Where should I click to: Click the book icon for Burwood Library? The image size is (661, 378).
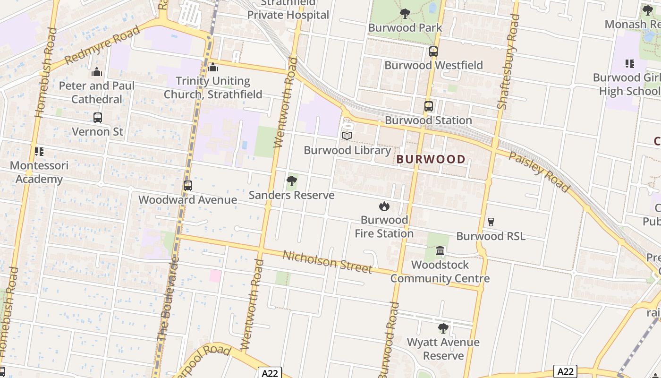click(x=347, y=136)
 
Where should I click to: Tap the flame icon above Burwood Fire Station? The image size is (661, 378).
click(x=384, y=206)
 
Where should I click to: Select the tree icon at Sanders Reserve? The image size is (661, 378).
click(x=292, y=180)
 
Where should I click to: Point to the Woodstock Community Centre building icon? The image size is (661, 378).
click(x=440, y=250)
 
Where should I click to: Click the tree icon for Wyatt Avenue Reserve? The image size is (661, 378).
click(x=443, y=328)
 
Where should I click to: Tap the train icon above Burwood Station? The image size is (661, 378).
click(x=428, y=106)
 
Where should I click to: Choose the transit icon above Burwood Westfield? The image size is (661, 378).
click(x=433, y=52)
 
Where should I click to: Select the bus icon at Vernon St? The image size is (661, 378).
click(x=98, y=118)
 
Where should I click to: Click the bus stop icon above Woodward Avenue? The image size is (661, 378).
click(x=188, y=186)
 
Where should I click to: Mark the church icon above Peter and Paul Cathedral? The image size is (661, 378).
click(x=97, y=72)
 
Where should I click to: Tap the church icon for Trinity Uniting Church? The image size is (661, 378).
click(x=213, y=68)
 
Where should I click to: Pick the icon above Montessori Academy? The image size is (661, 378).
click(x=39, y=152)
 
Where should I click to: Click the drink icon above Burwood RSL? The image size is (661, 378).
click(x=491, y=222)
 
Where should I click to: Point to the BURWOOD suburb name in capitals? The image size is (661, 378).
click(x=431, y=159)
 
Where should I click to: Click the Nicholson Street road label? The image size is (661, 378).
click(x=327, y=262)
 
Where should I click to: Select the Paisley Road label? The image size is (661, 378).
click(x=539, y=172)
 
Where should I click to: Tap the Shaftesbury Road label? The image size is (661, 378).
click(x=508, y=62)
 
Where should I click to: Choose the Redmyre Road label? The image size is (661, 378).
click(x=102, y=45)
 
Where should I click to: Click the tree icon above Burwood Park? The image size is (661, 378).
click(x=405, y=14)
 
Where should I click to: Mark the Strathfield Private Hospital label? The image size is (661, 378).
click(x=288, y=9)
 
